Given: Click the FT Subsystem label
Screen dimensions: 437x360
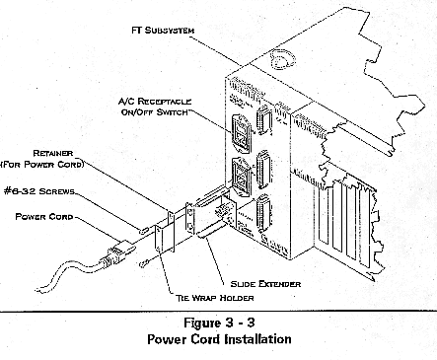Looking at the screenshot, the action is (163, 31).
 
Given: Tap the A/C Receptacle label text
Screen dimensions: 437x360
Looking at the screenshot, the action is (155, 102).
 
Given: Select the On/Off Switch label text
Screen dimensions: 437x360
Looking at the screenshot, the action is (155, 112).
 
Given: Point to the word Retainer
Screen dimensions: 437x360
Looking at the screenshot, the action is (53, 153).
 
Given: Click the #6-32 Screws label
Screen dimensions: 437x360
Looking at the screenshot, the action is (39, 191).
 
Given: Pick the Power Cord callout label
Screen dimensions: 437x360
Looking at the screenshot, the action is (44, 217).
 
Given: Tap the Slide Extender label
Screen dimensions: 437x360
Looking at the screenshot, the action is (265, 284).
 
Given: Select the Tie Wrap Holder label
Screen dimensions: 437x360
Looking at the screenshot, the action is (214, 298).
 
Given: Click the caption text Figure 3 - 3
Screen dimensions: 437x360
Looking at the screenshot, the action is (219, 323).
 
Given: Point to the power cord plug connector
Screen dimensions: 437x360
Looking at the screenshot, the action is (116, 252).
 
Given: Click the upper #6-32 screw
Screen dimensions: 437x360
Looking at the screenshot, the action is (144, 231).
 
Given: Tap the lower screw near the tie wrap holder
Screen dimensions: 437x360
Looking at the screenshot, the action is (144, 263).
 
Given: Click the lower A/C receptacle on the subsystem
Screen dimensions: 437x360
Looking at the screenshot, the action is (242, 177).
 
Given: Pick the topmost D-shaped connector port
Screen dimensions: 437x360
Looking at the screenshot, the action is (264, 119).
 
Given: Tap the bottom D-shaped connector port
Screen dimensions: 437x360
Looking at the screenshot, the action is (264, 209).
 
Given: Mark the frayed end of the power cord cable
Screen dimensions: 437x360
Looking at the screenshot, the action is (38, 290).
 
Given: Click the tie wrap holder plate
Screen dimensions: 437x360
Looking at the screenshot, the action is (164, 239).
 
